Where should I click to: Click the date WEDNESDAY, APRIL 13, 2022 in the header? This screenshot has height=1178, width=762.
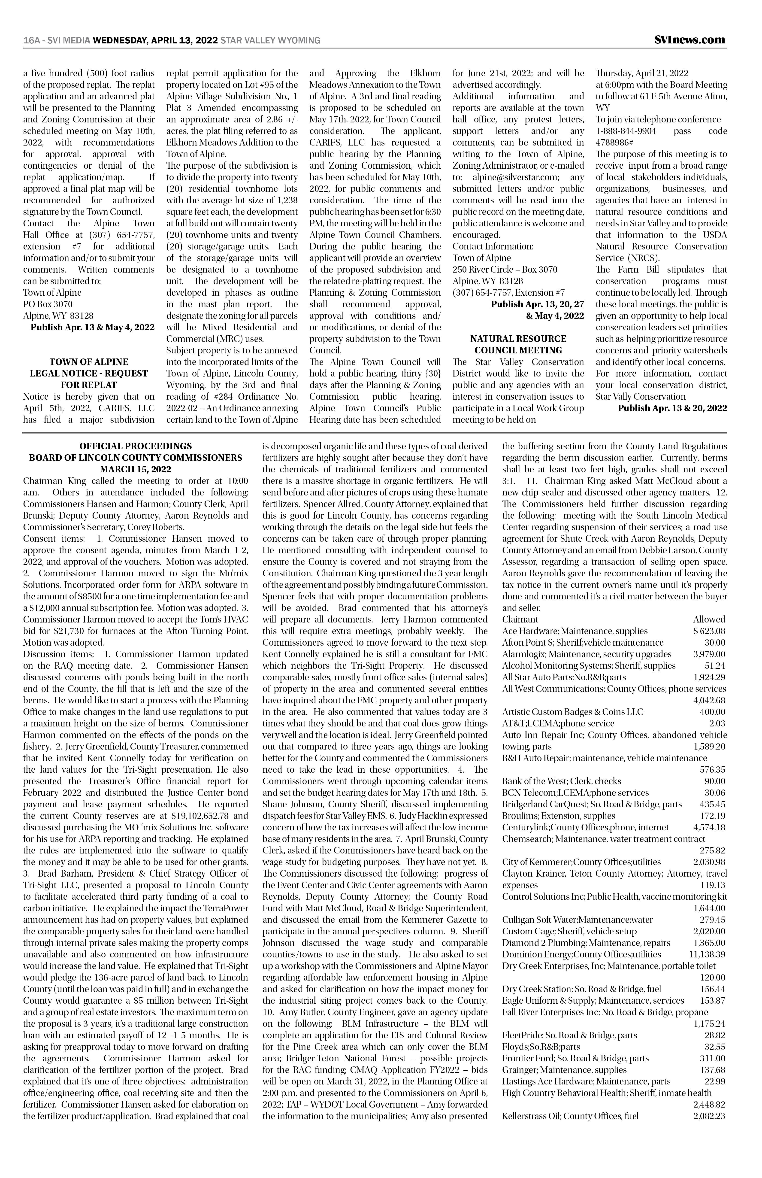click(155, 40)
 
